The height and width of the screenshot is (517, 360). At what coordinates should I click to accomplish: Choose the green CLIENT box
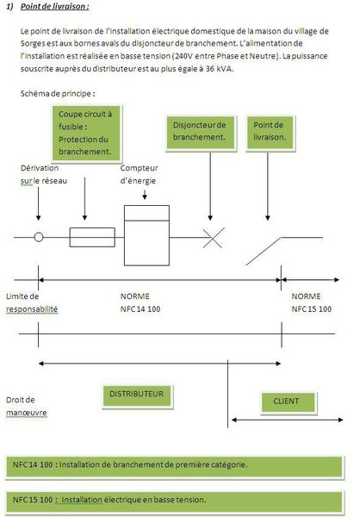point(286,401)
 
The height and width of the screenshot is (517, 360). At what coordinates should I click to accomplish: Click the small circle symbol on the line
point(39,237)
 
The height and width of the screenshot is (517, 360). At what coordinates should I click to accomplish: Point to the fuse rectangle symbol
point(86,237)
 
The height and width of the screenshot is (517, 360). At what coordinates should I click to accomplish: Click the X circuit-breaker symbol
point(209,237)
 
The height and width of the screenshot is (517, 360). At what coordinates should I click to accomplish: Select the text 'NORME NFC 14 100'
point(146,302)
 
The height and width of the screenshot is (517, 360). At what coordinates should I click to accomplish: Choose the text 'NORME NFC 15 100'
point(312,302)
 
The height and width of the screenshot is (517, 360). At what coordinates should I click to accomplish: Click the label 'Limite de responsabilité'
point(32,302)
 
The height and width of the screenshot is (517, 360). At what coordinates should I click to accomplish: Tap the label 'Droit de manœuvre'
point(26,406)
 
